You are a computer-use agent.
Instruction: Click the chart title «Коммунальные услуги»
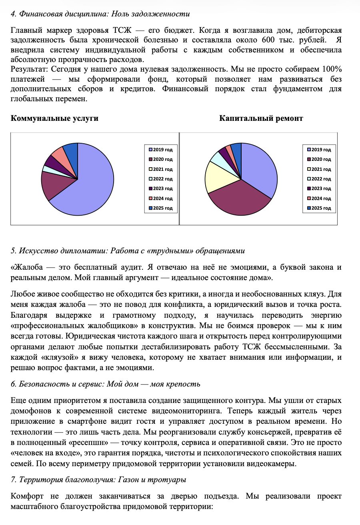(54, 118)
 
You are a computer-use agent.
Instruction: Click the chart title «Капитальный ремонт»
(261, 118)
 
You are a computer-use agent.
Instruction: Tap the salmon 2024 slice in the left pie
(58, 154)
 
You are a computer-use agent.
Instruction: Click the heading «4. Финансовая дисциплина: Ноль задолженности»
(100, 14)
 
